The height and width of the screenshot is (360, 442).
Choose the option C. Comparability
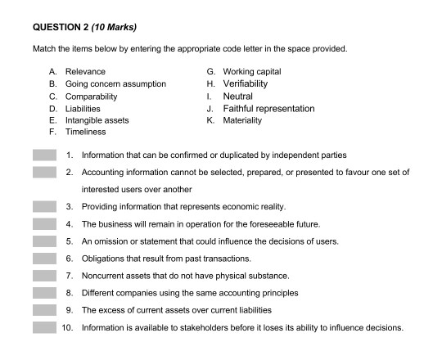(92, 96)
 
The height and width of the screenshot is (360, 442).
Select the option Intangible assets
(102, 119)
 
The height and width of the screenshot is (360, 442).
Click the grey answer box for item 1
(44, 155)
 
